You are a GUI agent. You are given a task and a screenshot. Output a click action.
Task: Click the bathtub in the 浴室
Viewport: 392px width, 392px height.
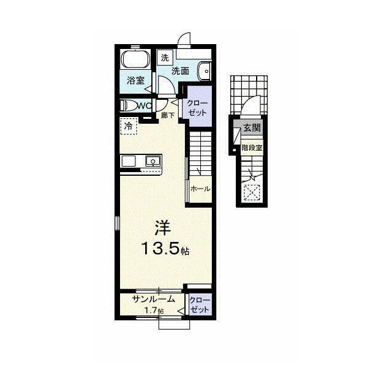click(x=135, y=59)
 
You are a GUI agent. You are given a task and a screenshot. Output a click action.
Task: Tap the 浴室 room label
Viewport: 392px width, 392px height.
click(x=135, y=80)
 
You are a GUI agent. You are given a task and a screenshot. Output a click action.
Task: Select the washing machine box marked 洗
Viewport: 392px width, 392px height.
click(x=165, y=58)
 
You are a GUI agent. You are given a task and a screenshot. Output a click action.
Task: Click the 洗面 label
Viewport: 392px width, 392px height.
click(x=180, y=71)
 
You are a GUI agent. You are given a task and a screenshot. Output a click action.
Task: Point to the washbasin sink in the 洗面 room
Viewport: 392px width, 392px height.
click(x=205, y=71)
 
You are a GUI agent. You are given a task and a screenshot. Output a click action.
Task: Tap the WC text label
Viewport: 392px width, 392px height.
click(x=145, y=106)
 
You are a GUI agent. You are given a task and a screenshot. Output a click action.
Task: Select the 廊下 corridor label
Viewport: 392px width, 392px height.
click(x=167, y=115)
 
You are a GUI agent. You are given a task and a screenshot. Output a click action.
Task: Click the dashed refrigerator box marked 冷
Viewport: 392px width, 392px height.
click(x=129, y=126)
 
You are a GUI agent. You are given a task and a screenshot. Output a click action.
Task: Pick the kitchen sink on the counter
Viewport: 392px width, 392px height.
click(x=153, y=160)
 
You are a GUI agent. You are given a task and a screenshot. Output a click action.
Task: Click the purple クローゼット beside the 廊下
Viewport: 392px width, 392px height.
click(x=197, y=106)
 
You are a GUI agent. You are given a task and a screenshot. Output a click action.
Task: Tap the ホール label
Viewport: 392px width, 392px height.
click(x=200, y=189)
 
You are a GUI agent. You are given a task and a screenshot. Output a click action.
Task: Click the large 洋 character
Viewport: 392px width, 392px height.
click(x=163, y=228)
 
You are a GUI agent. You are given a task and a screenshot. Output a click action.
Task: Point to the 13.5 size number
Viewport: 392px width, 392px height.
click(x=160, y=249)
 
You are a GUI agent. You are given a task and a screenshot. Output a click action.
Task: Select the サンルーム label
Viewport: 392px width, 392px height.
click(x=153, y=300)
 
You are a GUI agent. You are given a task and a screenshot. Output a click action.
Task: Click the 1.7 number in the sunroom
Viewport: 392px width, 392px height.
click(x=151, y=311)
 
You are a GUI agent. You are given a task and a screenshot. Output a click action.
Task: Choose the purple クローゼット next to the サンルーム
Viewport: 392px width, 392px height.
click(x=200, y=304)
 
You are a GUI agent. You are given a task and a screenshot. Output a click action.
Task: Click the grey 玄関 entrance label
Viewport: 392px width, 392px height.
click(x=252, y=128)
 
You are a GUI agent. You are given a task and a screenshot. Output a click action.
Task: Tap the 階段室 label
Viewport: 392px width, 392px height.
click(x=252, y=148)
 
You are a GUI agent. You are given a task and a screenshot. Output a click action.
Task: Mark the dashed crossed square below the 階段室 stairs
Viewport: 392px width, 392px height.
click(x=252, y=192)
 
